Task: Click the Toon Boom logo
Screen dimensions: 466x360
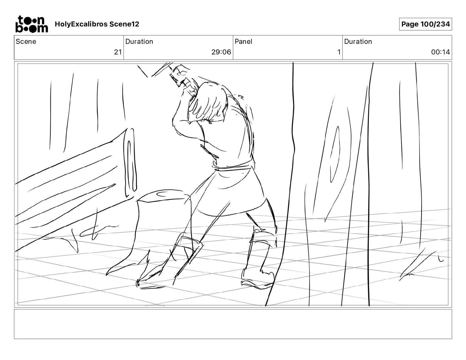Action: pos(32,24)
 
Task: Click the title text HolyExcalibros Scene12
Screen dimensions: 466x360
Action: pos(97,24)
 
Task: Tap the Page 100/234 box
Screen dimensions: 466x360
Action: pos(425,24)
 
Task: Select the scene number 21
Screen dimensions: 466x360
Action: pos(118,52)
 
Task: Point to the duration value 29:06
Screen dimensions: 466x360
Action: pos(221,52)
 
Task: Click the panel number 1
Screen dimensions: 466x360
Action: pos(339,52)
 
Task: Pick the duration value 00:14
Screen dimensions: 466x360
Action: pos(440,52)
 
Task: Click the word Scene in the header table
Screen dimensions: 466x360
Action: pos(26,41)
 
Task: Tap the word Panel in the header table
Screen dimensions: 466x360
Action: pos(243,41)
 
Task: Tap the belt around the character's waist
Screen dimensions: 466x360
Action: pos(233,166)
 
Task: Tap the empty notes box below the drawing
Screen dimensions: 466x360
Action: pos(233,324)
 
